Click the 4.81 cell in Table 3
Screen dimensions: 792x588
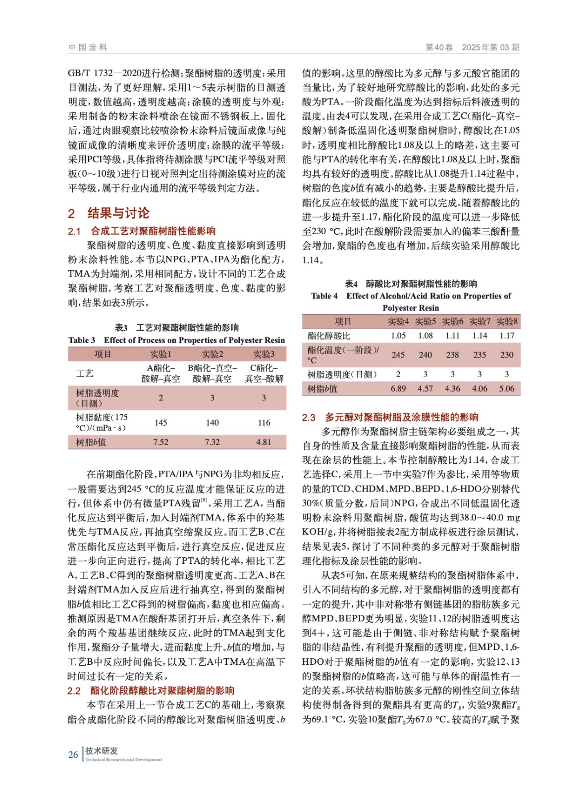tap(264, 442)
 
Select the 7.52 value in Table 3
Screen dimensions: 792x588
tap(160, 442)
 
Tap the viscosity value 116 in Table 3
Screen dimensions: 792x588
tap(264, 422)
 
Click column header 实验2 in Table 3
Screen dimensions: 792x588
tap(212, 354)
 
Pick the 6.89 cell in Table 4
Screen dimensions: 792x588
tap(398, 389)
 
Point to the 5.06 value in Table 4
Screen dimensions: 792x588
tap(507, 389)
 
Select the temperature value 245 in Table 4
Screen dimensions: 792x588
tap(398, 355)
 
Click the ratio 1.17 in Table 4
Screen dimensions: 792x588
tap(507, 336)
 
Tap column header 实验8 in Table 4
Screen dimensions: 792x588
tap(507, 321)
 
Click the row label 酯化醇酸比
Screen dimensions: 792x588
tap(329, 336)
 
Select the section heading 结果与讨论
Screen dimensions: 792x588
tap(118, 213)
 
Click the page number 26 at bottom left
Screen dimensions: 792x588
tap(73, 754)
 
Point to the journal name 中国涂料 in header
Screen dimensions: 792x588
tap(88, 48)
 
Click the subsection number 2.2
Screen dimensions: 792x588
tap(74, 691)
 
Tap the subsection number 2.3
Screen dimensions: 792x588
tap(309, 417)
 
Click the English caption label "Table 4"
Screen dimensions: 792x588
tap(324, 296)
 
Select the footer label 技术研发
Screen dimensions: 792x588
tap(101, 751)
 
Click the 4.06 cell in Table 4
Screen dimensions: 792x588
tap(480, 389)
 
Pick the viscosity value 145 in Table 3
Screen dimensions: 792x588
tap(160, 422)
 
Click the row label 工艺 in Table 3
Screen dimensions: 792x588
tap(84, 373)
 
